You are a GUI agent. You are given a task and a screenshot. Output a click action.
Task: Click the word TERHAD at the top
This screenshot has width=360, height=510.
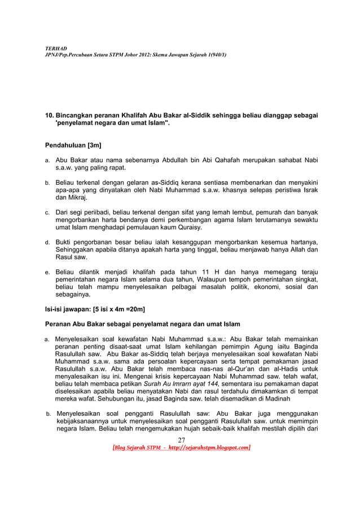[x=54, y=49]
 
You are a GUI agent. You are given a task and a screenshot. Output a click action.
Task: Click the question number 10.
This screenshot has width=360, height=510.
[x=49, y=115]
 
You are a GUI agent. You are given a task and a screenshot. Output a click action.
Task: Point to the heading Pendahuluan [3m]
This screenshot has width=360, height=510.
[x=73, y=145]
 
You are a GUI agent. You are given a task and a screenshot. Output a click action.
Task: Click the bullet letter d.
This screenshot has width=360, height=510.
[x=47, y=243]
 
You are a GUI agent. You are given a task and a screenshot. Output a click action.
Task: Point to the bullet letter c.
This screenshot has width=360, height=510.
[x=47, y=212]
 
